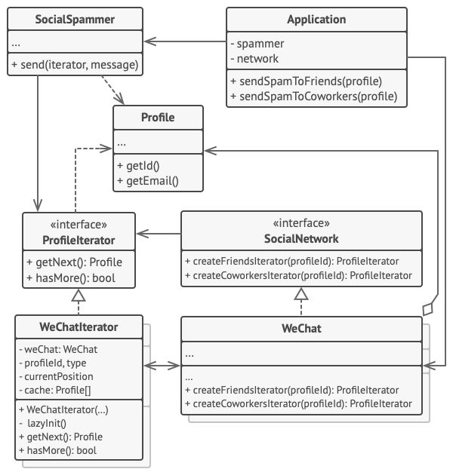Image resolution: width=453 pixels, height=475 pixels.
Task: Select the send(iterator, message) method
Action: pyautogui.click(x=75, y=66)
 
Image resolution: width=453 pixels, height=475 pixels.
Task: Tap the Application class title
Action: pyautogui.click(x=316, y=19)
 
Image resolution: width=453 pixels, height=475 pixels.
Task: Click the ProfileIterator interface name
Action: pyautogui.click(x=79, y=240)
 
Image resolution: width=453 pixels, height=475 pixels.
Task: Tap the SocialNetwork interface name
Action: pyautogui.click(x=301, y=239)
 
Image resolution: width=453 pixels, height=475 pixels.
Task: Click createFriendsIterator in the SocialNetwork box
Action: pyautogui.click(x=291, y=261)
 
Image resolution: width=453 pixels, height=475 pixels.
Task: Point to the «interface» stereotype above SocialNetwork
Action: pyautogui.click(x=301, y=224)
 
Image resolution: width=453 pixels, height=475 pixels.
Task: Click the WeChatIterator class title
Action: pyautogui.click(x=79, y=328)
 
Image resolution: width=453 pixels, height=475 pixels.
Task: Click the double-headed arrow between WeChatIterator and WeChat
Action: pyautogui.click(x=162, y=366)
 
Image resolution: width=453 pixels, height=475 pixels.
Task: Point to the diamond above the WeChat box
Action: pyautogui.click(x=430, y=308)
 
